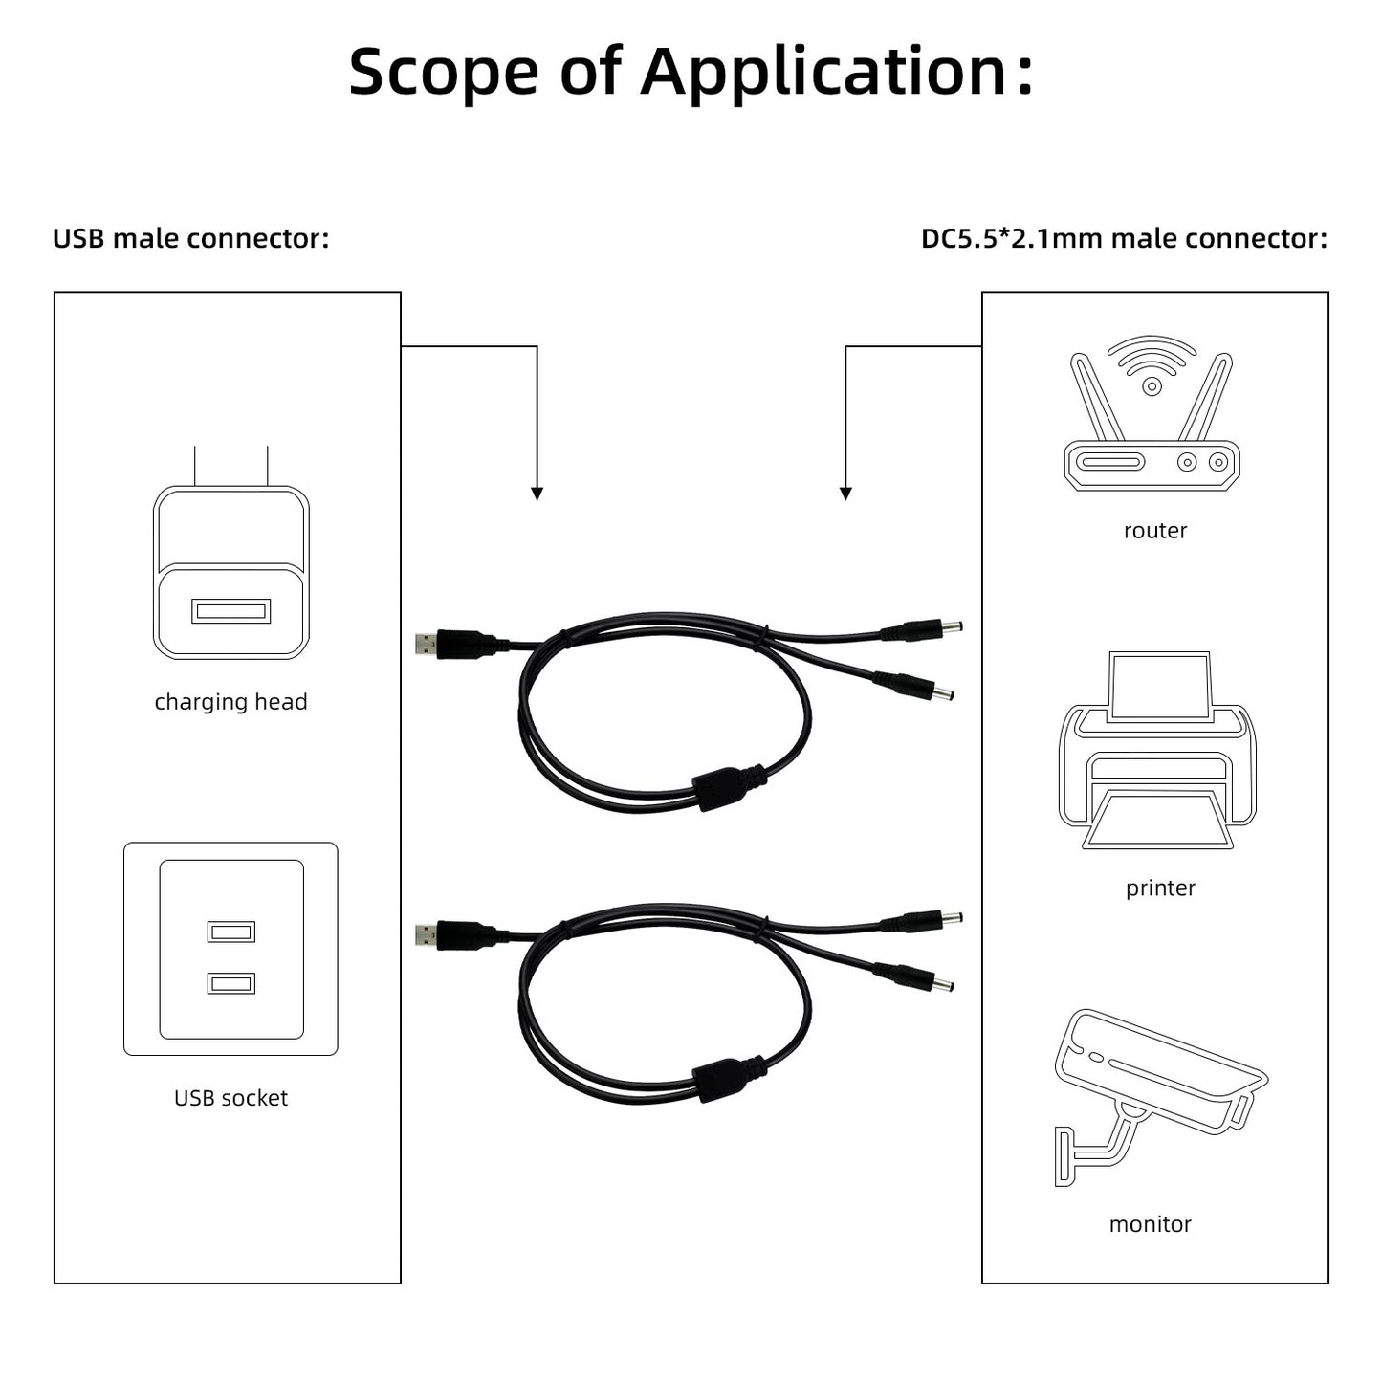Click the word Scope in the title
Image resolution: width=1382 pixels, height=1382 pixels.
coord(442,73)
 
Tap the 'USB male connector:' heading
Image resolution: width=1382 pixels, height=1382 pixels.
coord(190,238)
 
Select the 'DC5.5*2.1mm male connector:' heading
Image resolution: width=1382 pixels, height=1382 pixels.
coord(1124,238)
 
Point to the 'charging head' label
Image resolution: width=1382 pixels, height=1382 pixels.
coord(230,702)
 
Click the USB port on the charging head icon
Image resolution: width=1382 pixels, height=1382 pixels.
coord(230,610)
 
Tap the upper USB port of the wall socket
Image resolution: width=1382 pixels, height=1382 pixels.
coord(230,931)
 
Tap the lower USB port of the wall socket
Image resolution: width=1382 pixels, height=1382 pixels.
coord(230,982)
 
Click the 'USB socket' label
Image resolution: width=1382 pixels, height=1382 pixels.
coord(230,1098)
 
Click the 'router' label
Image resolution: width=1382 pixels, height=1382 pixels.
coord(1154,531)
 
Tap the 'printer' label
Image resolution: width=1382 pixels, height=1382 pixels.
coord(1160,888)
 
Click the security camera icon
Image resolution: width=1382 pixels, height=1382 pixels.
coord(1157,1090)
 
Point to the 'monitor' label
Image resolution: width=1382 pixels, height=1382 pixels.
coord(1150,1224)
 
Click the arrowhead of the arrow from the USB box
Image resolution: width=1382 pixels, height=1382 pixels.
coord(537,494)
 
